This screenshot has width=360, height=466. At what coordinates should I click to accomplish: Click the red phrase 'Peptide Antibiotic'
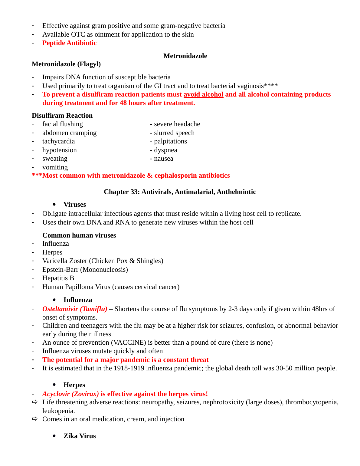point(69,43)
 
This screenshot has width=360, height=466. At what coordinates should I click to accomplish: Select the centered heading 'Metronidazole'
point(185,56)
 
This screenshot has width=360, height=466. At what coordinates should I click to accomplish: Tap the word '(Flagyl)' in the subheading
point(89,64)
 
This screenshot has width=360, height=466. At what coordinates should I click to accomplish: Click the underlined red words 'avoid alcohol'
point(203,94)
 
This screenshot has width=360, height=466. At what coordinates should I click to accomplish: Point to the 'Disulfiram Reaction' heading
point(62,116)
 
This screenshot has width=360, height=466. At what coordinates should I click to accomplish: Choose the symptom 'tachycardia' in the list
point(58,141)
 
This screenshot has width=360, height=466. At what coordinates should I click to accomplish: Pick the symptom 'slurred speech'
point(174,133)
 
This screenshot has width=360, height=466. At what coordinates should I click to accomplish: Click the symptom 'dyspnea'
point(165,150)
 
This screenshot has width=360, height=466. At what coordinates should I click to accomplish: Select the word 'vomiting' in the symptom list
point(55,167)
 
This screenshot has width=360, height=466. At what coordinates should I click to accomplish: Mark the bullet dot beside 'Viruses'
point(54,205)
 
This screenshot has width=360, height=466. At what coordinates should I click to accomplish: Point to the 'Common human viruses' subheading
point(79,235)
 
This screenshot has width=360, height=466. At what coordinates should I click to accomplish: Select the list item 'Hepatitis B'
point(58,278)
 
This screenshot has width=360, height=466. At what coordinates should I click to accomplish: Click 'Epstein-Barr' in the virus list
point(60,270)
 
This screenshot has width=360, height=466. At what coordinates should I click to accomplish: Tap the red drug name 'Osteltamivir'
point(60,309)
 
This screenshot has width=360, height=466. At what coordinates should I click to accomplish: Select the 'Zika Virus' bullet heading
point(80,436)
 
